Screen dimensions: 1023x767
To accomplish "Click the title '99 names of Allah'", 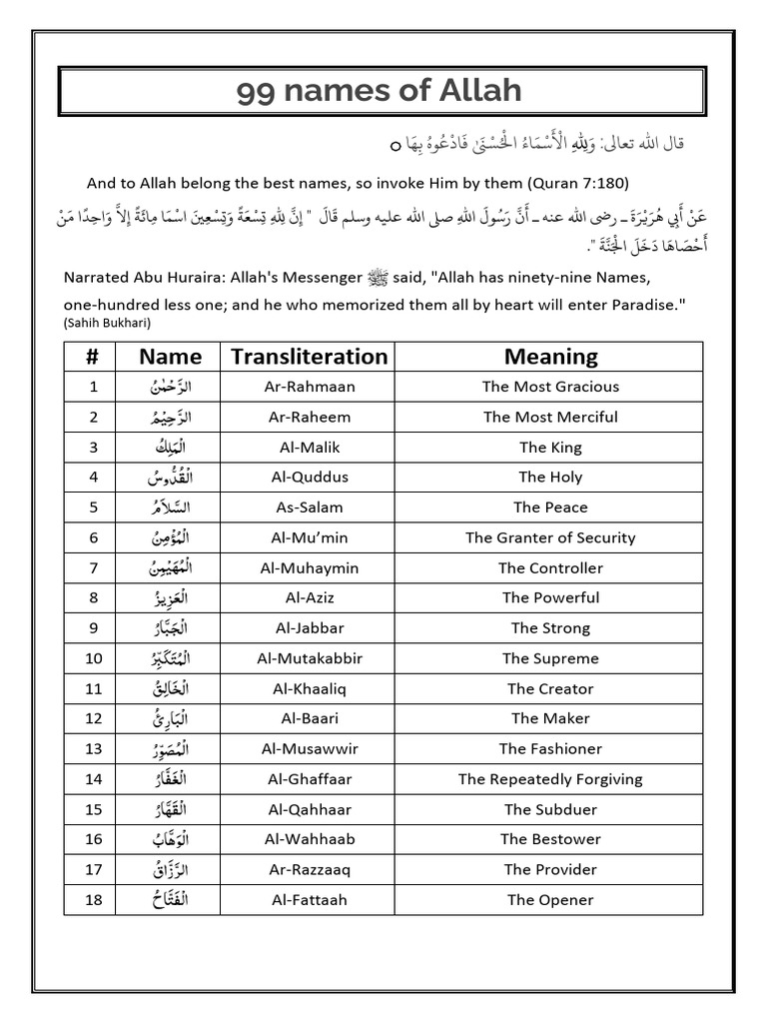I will pos(380,91).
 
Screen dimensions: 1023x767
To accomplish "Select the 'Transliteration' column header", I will pos(309,357).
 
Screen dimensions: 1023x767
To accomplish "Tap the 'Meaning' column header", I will pos(550,357).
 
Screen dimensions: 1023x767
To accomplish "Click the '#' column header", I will pos(93,357).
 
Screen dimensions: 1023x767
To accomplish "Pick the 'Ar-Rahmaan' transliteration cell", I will pos(309,387).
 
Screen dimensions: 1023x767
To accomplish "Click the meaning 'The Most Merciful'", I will pos(550,417).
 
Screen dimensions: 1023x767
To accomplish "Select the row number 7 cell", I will pos(93,567).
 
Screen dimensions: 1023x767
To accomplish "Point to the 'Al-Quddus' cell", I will pos(309,478).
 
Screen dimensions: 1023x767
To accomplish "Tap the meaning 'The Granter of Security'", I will pos(550,537).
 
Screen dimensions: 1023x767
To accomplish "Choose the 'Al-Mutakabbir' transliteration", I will pos(309,658).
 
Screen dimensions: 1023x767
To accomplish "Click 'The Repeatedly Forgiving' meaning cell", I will pos(550,779).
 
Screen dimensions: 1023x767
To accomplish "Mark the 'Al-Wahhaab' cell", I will pos(309,839).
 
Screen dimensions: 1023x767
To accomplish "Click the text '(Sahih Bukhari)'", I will pos(108,324).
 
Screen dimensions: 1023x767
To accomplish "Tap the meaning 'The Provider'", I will pos(550,869).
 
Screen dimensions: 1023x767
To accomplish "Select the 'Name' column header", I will pos(171,357).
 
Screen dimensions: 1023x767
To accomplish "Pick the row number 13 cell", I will pos(93,748).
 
